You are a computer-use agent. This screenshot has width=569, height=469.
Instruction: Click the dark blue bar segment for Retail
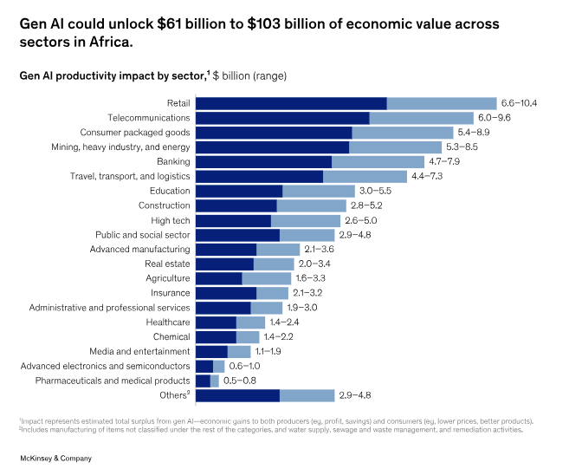point(291,103)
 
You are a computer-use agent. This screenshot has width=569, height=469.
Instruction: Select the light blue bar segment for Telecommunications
point(421,118)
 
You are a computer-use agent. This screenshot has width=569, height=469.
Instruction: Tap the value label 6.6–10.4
point(520,103)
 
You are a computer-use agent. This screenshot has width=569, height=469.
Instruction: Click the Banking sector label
point(173,162)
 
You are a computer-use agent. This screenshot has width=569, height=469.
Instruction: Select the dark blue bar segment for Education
point(239,191)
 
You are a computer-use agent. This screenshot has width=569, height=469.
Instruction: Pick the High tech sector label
point(171,220)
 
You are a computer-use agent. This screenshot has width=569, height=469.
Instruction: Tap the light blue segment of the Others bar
point(307,395)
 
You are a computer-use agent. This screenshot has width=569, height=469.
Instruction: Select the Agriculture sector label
point(168,278)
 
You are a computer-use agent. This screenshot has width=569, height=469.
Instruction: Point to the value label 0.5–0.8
point(239,381)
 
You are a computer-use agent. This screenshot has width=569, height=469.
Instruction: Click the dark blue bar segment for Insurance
point(226,293)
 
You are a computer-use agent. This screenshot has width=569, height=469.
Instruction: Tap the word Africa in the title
point(107,40)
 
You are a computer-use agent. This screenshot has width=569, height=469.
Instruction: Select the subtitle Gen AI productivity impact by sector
point(113,76)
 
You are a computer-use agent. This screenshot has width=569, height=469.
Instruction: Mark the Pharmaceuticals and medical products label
point(113,381)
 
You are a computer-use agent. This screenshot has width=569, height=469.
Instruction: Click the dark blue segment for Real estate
point(224,264)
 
